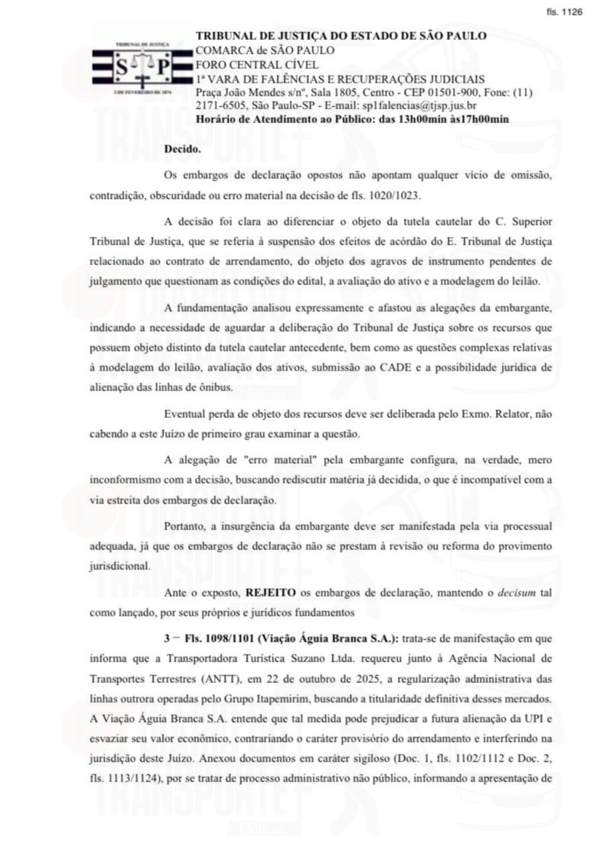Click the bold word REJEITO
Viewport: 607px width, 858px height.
(270, 593)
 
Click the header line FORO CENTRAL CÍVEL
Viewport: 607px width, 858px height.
(257, 65)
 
